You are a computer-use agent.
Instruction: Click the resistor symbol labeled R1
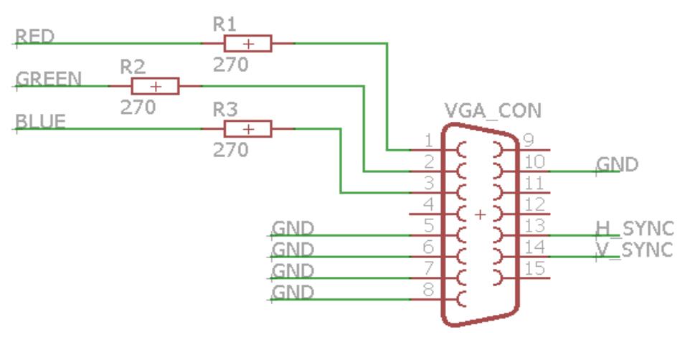[247, 44]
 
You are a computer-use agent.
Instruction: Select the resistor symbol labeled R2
[155, 87]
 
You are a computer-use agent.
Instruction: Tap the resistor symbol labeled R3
[247, 130]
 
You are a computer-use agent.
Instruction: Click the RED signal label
[34, 36]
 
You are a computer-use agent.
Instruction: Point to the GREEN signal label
[48, 78]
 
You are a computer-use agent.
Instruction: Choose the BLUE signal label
[40, 121]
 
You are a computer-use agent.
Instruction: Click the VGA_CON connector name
[493, 111]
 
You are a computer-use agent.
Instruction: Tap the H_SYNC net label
[635, 228]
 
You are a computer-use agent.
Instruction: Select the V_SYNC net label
[635, 250]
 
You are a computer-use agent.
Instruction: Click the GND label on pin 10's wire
[618, 164]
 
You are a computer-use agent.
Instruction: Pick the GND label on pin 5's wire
[293, 228]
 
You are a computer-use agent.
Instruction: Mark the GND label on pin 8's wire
[293, 292]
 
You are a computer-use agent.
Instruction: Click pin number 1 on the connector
[428, 139]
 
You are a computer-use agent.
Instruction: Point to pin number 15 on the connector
[535, 269]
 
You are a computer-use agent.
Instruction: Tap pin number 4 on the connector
[428, 204]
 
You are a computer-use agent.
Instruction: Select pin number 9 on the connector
[529, 139]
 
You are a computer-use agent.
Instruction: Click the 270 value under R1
[230, 65]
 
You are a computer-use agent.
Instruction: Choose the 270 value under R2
[138, 108]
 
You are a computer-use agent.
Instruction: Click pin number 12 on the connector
[535, 204]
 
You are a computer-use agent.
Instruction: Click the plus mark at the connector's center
[480, 214]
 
